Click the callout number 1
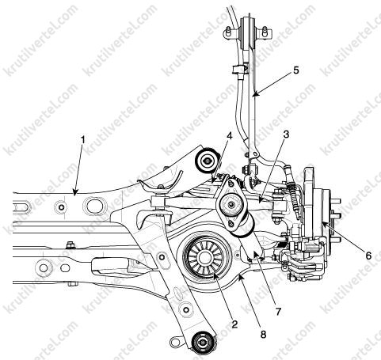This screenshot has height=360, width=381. tap(83, 140)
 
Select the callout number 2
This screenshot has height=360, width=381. tap(234, 324)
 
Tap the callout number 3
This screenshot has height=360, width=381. tap(286, 135)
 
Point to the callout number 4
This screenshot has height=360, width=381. tap(229, 136)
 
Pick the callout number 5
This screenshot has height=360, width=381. tap(296, 70)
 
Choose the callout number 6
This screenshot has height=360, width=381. tap(368, 256)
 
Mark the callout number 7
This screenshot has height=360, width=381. tap(278, 312)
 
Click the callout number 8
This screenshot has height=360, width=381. tap(263, 335)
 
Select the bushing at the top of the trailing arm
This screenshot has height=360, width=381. tap(249, 32)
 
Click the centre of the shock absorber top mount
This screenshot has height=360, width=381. tap(231, 204)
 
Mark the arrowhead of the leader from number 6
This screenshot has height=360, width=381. tap(322, 222)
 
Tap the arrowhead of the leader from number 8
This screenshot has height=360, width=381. tap(239, 276)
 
